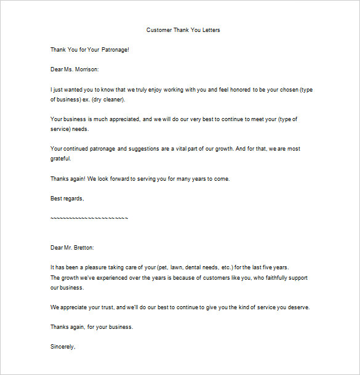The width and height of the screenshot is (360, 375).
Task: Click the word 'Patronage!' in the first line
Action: coord(114,49)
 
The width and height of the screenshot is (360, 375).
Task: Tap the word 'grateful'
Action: coord(60,158)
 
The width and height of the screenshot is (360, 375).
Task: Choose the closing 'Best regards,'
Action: coord(66,198)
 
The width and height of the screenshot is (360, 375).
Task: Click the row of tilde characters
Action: coord(89,218)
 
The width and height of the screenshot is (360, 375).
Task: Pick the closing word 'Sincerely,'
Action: coord(62,347)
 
